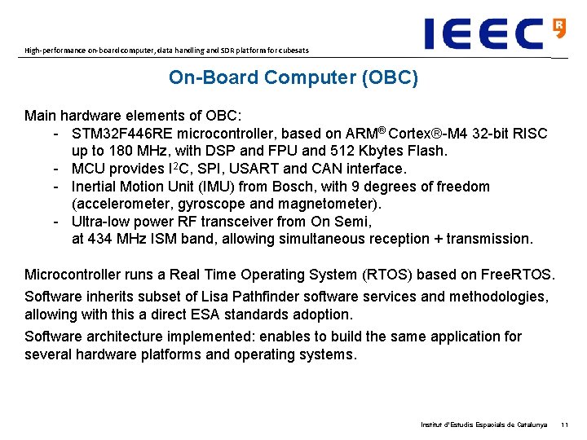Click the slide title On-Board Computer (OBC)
pyautogui.click(x=293, y=78)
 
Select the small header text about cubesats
pyautogui.click(x=166, y=51)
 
